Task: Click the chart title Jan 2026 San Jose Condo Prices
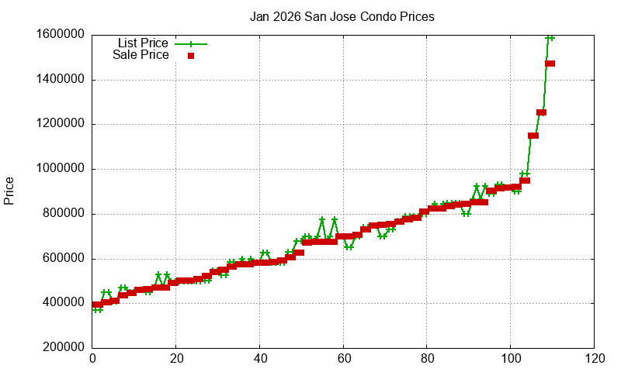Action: point(342,16)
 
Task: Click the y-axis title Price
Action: point(9,191)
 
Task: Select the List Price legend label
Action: point(143,43)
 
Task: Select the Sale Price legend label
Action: point(141,55)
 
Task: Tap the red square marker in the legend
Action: point(190,56)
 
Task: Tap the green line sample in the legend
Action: point(190,44)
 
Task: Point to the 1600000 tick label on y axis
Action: point(60,34)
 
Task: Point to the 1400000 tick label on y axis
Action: point(60,79)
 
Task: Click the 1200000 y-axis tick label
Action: point(60,124)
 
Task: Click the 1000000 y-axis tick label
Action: point(60,169)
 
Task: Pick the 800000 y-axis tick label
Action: point(63,214)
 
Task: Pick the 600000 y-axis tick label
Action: point(63,259)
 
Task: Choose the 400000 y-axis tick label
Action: point(63,304)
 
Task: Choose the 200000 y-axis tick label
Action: point(63,349)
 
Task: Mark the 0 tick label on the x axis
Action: point(92,360)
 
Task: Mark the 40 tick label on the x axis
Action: point(260,360)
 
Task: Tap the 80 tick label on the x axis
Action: point(427,360)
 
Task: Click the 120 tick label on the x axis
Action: point(595,360)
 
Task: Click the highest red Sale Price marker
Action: point(550,64)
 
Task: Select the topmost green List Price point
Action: point(550,37)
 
